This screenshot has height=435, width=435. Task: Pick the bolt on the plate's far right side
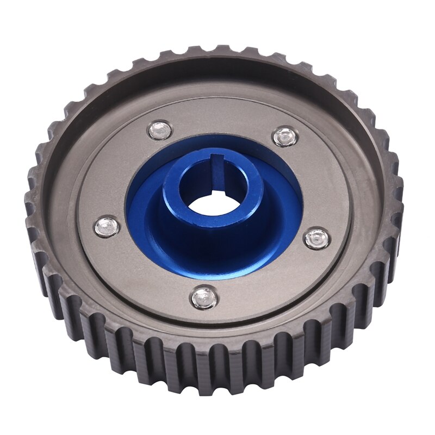[316, 238]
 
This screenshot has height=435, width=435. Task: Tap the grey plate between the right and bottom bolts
[272, 283]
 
